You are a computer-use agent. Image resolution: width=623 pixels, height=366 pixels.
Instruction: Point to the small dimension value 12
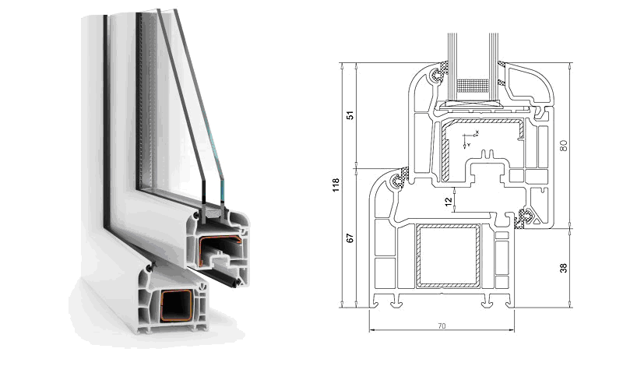[x=447, y=202]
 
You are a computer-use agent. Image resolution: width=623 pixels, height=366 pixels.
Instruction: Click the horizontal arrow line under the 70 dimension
[x=442, y=333]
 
